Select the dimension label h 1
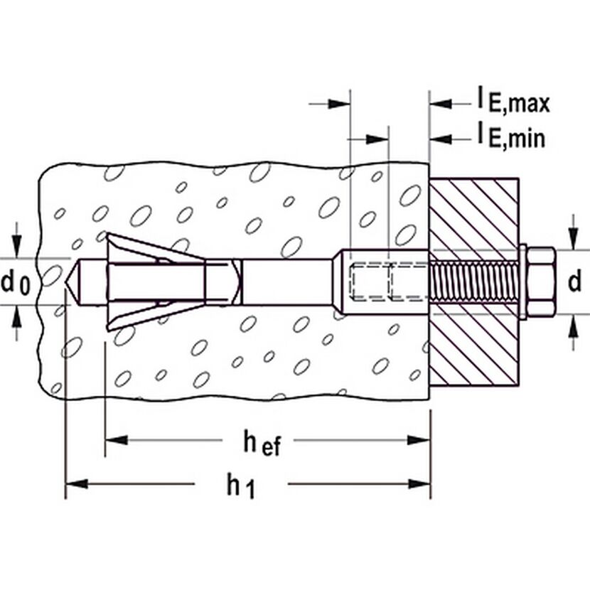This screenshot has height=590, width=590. click(241, 486)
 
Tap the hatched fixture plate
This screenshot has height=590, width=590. click(474, 281)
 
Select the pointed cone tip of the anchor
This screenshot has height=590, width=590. click(73, 281)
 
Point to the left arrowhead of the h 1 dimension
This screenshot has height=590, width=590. click(77, 484)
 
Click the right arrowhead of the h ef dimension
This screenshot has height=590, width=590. click(419, 440)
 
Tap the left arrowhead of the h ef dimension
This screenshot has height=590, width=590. click(117, 440)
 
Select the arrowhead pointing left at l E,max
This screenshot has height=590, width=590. click(441, 104)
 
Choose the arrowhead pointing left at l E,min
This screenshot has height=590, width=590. click(441, 139)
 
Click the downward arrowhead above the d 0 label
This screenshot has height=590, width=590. click(16, 247)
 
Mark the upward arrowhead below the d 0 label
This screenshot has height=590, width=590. click(16, 316)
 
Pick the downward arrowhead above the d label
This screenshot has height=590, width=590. click(573, 239)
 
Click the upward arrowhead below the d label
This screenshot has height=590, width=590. click(573, 325)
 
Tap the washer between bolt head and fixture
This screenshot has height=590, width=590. click(522, 281)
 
